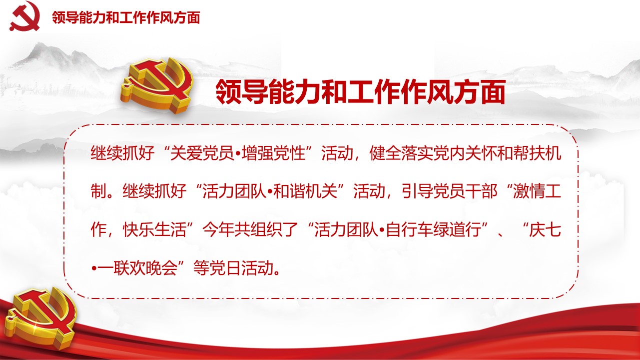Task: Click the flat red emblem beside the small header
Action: pyautogui.click(x=25, y=15)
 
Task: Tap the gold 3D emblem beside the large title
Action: pyautogui.click(x=156, y=85)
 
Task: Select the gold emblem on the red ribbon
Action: pyautogui.click(x=41, y=318)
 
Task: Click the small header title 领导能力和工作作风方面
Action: pyautogui.click(x=126, y=17)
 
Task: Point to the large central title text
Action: pyautogui.click(x=361, y=91)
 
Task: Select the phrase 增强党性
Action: pyautogui.click(x=274, y=153)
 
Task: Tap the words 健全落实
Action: pyautogui.click(x=401, y=153)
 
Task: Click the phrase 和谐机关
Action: pyautogui.click(x=305, y=191)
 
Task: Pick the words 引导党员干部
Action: pyautogui.click(x=450, y=191)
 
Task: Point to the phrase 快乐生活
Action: pyautogui.click(x=154, y=229)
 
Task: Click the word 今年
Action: pyautogui.click(x=218, y=229)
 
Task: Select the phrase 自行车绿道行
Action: pyautogui.click(x=434, y=229)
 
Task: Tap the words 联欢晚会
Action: pyautogui.click(x=145, y=267)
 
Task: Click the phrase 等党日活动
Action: pyautogui.click(x=233, y=267)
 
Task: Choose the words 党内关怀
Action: pyautogui.click(x=465, y=153)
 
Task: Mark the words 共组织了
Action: pyautogui.click(x=266, y=229)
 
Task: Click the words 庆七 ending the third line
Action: pyautogui.click(x=545, y=229)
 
